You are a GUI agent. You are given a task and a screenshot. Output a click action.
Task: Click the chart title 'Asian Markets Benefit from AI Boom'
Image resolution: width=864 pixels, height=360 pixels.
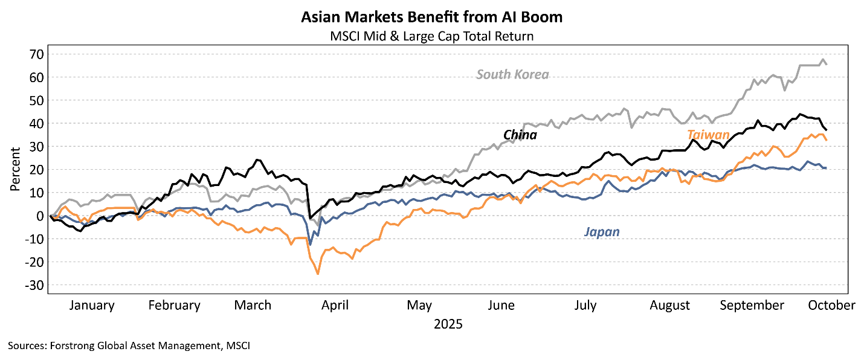click(432, 17)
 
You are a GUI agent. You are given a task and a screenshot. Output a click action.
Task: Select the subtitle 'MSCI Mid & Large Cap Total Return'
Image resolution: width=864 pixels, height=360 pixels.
click(432, 36)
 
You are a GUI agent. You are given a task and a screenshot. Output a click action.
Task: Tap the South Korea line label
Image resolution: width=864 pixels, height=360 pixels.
click(512, 75)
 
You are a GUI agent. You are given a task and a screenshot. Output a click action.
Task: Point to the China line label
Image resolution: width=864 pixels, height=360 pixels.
click(520, 135)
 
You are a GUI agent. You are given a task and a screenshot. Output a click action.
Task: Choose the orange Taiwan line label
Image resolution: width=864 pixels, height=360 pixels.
click(708, 135)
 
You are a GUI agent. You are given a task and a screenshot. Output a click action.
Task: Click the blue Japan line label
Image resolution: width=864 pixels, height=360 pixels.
click(602, 232)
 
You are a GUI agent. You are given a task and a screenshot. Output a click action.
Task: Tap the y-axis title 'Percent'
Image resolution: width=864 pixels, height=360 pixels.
click(15, 169)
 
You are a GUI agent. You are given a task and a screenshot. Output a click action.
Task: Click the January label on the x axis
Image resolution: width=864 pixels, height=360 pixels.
click(92, 306)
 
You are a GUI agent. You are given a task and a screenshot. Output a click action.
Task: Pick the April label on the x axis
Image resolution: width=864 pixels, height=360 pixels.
click(335, 306)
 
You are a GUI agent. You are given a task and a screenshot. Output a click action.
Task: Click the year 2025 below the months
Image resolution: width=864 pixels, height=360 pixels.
click(448, 324)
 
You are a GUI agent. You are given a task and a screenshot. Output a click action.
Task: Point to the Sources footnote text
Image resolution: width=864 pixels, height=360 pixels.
click(129, 346)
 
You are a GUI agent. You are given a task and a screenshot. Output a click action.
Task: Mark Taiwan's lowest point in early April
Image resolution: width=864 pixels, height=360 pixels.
click(318, 274)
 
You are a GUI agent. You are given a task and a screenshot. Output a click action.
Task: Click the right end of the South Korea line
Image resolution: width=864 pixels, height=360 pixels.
click(827, 64)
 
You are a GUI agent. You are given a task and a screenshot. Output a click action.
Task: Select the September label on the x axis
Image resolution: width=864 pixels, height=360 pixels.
click(752, 306)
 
